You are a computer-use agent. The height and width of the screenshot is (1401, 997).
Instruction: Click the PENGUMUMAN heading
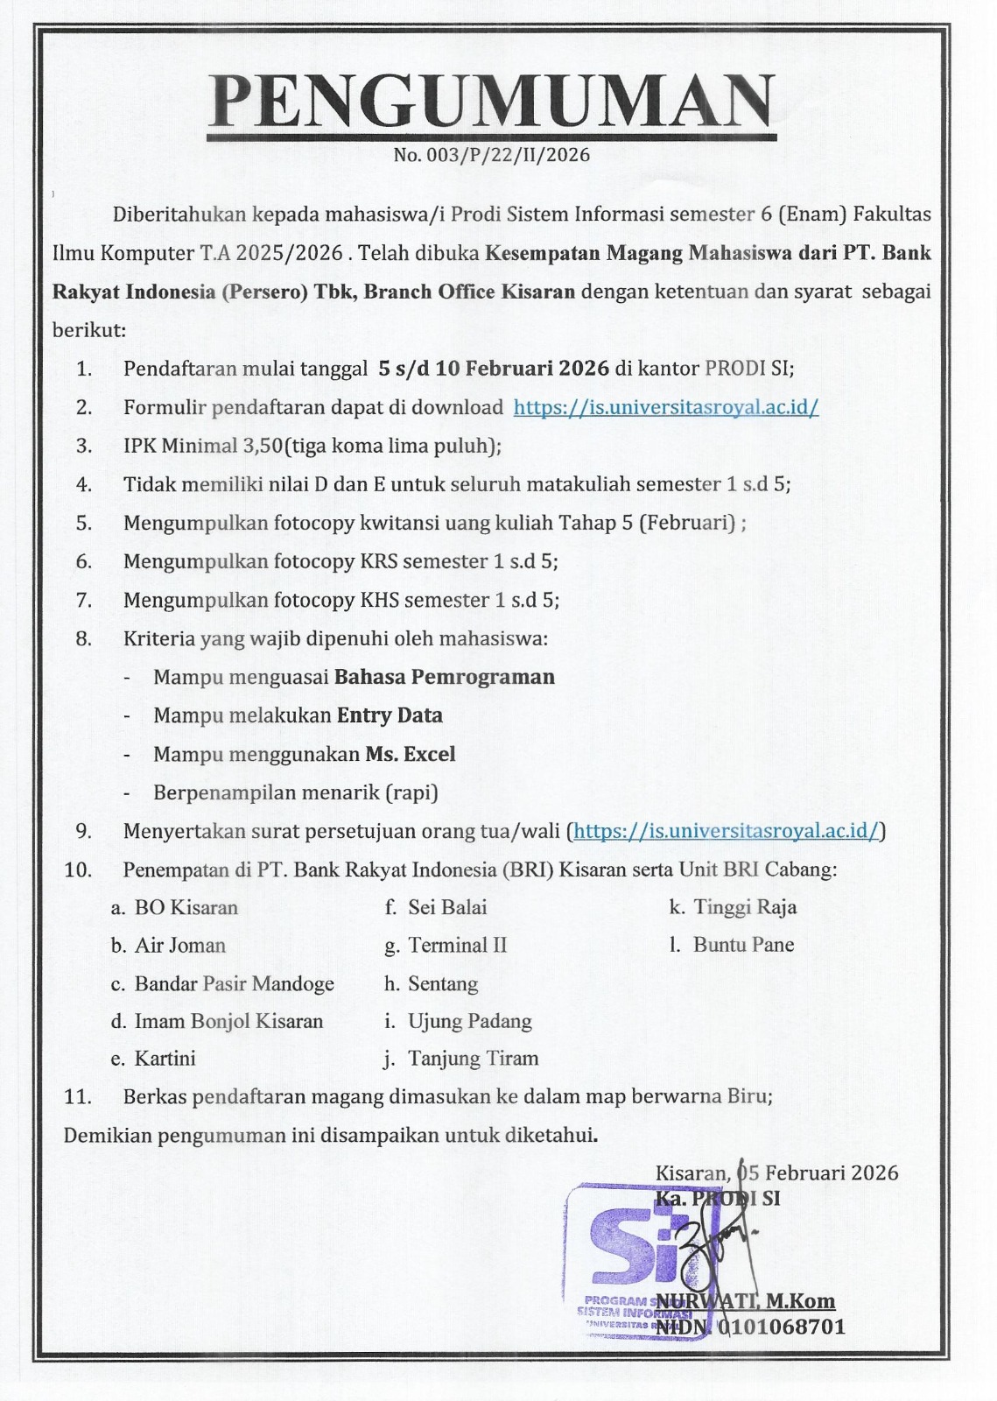tap(492, 101)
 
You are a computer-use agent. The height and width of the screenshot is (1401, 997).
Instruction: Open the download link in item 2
tap(665, 407)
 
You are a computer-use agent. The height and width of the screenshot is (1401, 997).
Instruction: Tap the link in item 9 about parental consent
tap(726, 831)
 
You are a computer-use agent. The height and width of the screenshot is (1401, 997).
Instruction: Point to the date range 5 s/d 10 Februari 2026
tap(494, 369)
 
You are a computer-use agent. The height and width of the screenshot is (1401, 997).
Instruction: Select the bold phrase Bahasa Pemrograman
tap(445, 677)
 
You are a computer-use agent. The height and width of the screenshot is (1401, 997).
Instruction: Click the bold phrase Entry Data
tap(390, 715)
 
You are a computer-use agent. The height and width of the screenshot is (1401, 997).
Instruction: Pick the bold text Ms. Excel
tap(410, 754)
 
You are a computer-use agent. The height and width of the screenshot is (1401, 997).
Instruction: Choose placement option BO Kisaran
tap(186, 907)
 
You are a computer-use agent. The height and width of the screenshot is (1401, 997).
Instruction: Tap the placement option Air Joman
tap(179, 946)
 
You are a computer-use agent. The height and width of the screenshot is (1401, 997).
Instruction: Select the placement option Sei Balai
tap(447, 907)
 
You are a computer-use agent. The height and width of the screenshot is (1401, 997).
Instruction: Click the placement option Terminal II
tap(457, 946)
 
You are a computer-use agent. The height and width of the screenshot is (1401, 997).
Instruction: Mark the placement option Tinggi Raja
tap(745, 907)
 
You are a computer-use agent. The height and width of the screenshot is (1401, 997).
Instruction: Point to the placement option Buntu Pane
tap(743, 945)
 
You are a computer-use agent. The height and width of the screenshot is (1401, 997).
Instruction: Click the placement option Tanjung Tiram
tap(473, 1059)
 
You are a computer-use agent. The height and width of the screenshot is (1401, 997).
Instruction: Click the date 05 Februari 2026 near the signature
tap(818, 1173)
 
